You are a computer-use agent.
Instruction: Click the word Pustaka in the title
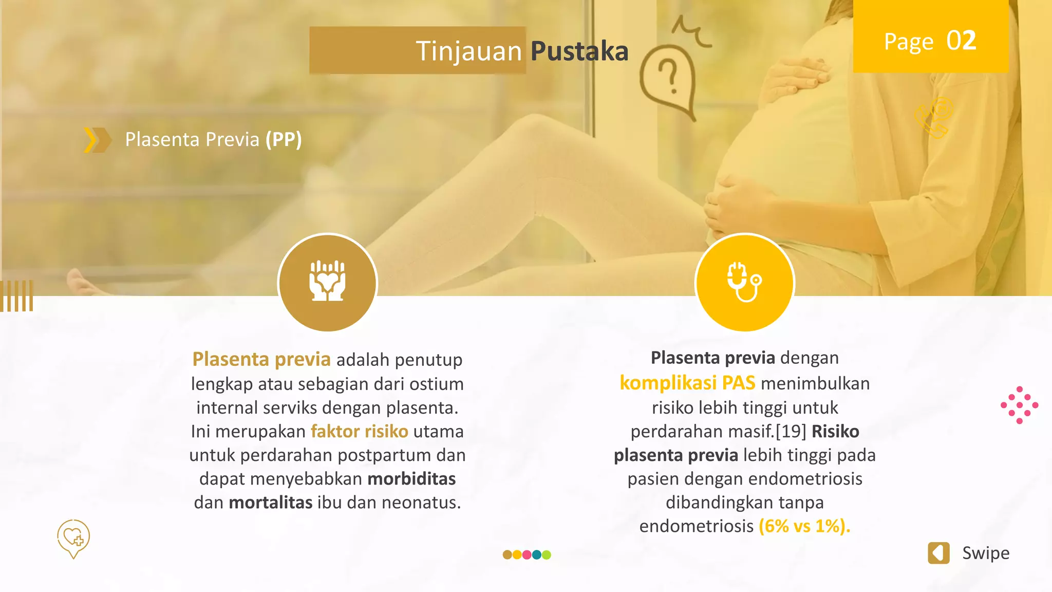579,51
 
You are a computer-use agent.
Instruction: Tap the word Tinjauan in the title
468,51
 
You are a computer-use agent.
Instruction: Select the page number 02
961,41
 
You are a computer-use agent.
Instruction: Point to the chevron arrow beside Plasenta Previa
97,140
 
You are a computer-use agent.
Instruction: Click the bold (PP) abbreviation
283,139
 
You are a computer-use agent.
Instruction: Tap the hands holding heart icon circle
327,282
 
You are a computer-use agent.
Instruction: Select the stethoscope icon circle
744,282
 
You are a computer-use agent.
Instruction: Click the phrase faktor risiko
359,431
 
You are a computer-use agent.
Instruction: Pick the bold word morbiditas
411,478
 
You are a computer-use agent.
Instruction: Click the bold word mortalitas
270,502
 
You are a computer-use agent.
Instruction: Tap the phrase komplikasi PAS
687,383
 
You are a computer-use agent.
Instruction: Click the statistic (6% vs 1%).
804,526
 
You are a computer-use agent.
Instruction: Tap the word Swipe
985,553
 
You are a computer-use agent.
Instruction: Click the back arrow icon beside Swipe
938,553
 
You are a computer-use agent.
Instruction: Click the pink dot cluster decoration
1019,405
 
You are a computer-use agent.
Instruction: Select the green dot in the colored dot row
547,554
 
